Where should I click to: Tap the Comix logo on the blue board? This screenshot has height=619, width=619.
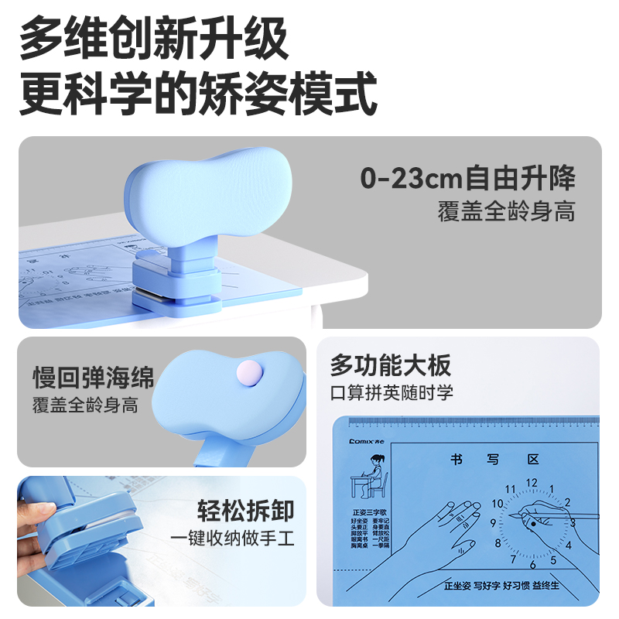click(364, 439)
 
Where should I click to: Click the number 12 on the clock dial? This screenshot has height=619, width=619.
click(531, 483)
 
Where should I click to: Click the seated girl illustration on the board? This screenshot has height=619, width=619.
click(368, 480)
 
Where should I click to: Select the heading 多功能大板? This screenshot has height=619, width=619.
click(391, 364)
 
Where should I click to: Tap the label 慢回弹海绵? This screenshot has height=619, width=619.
click(94, 378)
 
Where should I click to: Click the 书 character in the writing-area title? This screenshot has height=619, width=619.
click(457, 460)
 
